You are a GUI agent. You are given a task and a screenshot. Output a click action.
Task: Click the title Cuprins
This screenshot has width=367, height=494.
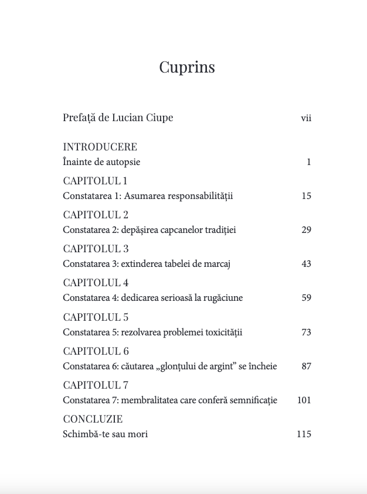pos(187,68)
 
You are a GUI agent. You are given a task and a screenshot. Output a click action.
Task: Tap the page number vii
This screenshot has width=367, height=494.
pos(305,118)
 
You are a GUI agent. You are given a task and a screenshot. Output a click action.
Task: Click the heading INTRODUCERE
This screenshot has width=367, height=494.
pos(100,147)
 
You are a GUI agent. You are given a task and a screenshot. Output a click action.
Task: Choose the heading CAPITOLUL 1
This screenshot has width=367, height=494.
pos(95,181)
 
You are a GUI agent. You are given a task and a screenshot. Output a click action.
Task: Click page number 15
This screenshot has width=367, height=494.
pos(306,196)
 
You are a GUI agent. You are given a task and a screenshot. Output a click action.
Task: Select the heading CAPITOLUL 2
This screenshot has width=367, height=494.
pos(96,215)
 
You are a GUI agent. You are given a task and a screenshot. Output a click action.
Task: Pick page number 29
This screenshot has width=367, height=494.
pos(306,230)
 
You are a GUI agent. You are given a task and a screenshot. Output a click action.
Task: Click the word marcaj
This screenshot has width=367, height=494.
pos(218,264)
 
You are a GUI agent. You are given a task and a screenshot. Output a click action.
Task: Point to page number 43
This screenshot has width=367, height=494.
pos(306,264)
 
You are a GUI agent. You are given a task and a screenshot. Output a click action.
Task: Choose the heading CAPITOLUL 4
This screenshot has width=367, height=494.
pos(96,283)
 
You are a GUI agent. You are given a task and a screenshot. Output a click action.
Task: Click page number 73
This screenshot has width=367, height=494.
pos(306,332)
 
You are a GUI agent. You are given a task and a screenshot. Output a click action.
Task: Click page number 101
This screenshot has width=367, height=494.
pos(304,400)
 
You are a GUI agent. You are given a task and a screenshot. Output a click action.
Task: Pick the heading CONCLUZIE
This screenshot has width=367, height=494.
pos(93,419)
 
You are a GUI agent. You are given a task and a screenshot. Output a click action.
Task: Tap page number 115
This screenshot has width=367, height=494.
pos(304,434)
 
